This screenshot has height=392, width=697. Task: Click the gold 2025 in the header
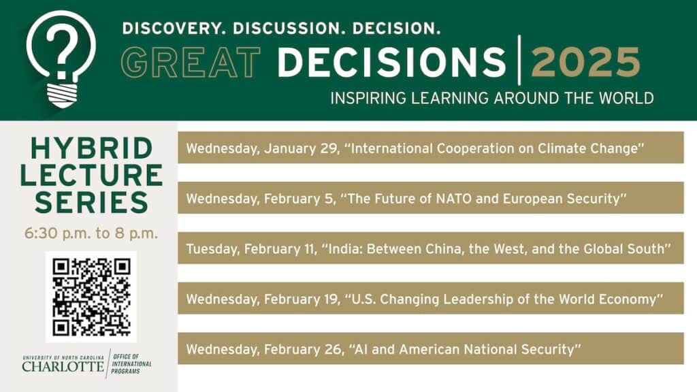point(586,62)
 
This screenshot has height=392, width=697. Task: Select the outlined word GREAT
point(191,62)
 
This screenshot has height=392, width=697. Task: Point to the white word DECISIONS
point(391,62)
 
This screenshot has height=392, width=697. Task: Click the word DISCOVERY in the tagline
point(171,29)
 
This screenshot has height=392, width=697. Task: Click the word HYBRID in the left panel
point(92,148)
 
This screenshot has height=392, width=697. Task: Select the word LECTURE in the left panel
point(92,175)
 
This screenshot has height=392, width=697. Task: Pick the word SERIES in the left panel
point(92,202)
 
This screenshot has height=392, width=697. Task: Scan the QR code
point(91,297)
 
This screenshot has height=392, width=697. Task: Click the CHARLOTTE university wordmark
point(63,366)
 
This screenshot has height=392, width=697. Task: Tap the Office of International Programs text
point(131,363)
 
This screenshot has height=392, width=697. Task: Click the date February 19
point(302,299)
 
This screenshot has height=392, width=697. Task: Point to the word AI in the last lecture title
point(361,349)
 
